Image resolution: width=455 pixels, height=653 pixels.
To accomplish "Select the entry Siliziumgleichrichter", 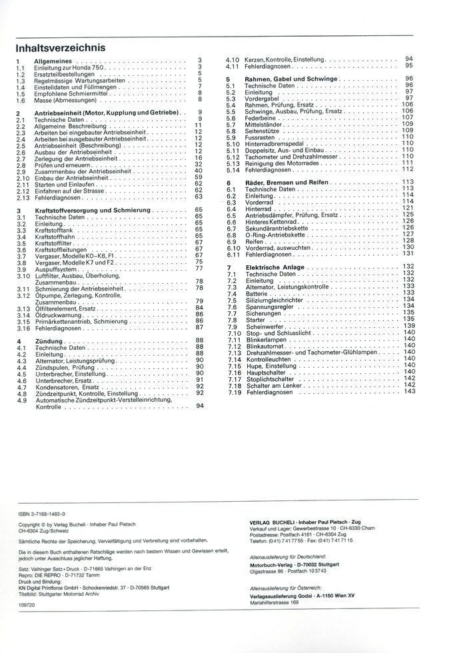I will pyautogui.click(x=275, y=299).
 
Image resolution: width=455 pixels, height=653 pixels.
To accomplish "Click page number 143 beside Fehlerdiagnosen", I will pyautogui.click(x=409, y=391).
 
